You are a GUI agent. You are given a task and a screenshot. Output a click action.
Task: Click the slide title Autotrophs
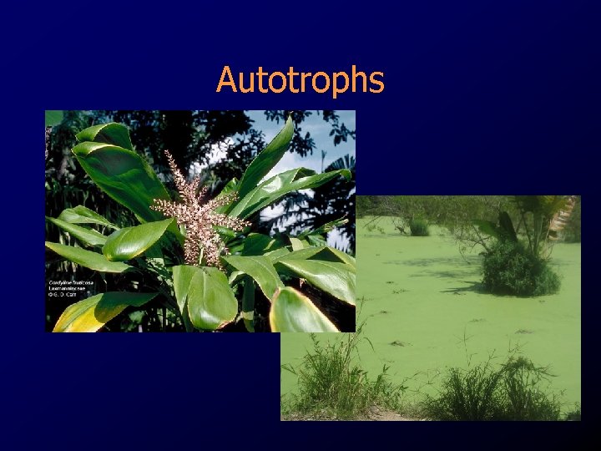click(x=300, y=80)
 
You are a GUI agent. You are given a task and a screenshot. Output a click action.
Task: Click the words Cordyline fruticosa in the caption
click(x=71, y=282)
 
